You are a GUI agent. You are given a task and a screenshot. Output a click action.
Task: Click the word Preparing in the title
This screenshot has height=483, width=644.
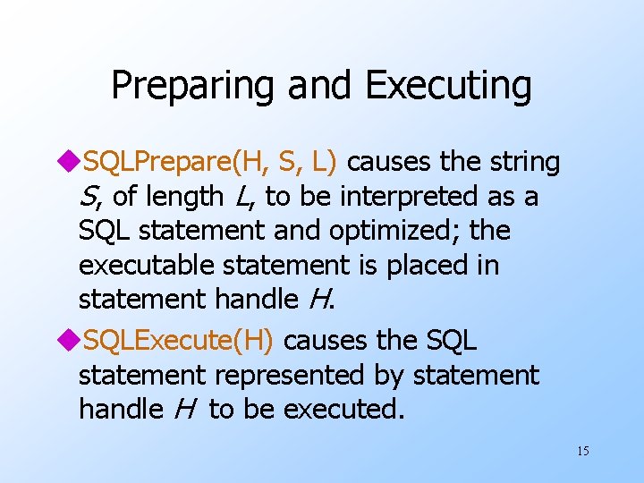[x=193, y=87]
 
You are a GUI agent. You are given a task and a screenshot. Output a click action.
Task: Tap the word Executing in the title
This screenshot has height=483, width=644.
[x=449, y=87]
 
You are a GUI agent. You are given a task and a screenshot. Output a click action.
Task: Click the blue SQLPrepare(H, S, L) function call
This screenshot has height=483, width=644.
[x=209, y=162]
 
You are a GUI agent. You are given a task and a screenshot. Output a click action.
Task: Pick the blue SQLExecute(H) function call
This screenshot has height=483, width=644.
[x=182, y=341]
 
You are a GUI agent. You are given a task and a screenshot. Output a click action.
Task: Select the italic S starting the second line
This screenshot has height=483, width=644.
[x=88, y=196]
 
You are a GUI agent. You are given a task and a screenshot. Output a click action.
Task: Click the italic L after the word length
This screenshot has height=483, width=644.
[x=242, y=196]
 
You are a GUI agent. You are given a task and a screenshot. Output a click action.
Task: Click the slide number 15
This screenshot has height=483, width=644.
[x=582, y=451]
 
